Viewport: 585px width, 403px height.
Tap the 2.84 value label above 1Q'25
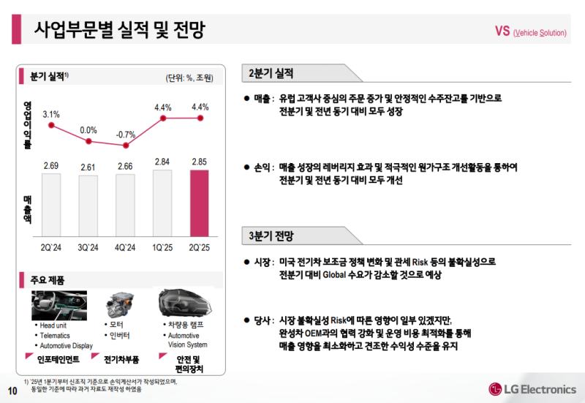163,162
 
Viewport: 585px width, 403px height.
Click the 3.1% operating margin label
51,114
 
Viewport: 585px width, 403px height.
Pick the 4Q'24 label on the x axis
126,247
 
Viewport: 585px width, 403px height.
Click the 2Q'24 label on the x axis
51,247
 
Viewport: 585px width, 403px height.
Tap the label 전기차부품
121,358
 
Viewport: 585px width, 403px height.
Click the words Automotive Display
66,345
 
